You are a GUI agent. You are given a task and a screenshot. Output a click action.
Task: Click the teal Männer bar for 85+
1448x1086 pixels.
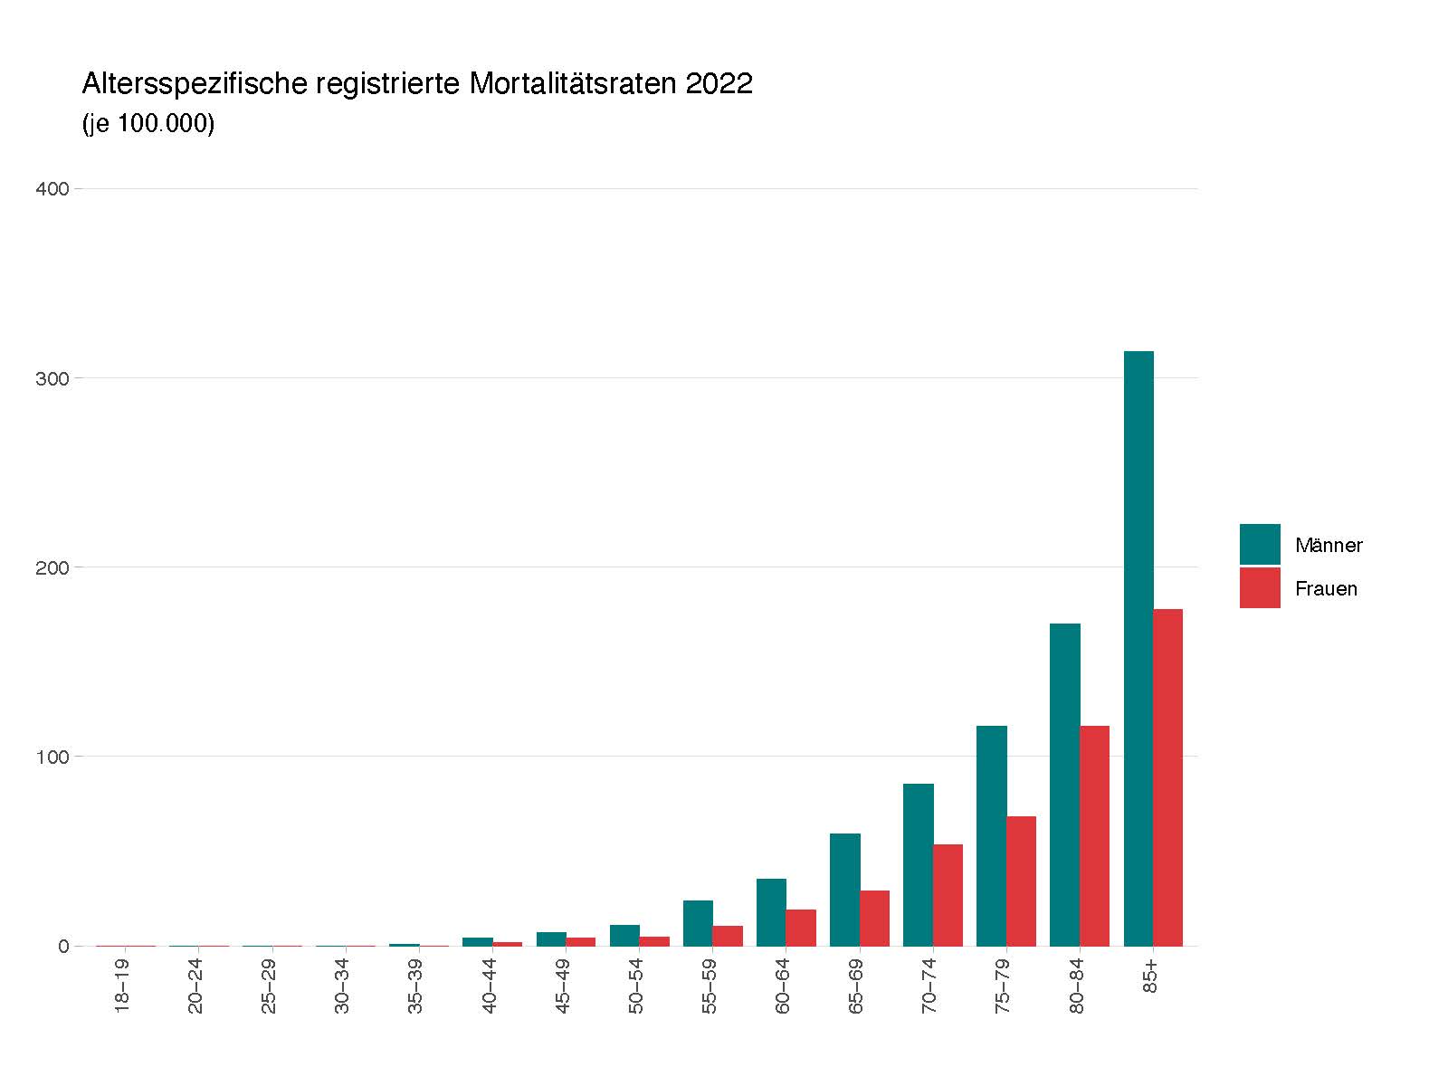(1138, 648)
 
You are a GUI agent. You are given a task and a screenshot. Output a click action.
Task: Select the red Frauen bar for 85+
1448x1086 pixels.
(1167, 777)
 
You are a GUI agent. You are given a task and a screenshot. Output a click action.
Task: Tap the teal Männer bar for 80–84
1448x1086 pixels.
(1065, 785)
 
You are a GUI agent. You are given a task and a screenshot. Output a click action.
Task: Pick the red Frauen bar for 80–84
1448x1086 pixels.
(1094, 835)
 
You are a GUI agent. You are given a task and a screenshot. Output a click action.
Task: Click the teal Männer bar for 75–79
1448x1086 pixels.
(992, 835)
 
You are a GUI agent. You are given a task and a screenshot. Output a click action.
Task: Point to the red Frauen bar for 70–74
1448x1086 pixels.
(948, 895)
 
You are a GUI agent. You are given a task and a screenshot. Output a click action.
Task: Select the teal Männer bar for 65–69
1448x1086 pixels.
(845, 890)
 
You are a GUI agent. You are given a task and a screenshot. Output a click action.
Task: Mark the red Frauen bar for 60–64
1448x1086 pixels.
(801, 928)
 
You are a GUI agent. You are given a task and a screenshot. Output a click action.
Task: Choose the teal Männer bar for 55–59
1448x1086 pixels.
(698, 923)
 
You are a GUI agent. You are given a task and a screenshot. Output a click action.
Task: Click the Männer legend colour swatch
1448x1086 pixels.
(1260, 544)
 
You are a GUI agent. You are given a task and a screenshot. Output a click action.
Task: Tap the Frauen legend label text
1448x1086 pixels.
(1326, 589)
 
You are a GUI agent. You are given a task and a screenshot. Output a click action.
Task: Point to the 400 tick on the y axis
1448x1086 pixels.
(52, 189)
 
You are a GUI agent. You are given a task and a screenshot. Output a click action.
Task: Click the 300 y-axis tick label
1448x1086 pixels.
(52, 378)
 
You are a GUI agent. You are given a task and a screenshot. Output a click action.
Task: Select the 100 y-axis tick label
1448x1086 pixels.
(52, 757)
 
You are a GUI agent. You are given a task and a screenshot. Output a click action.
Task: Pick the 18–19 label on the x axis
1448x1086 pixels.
(123, 986)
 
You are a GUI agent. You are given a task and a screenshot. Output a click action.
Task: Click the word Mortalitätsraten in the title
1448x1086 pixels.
(574, 84)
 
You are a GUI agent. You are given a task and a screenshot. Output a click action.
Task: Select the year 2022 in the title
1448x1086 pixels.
(719, 84)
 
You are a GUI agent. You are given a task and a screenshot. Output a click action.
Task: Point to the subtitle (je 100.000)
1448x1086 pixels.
(148, 124)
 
